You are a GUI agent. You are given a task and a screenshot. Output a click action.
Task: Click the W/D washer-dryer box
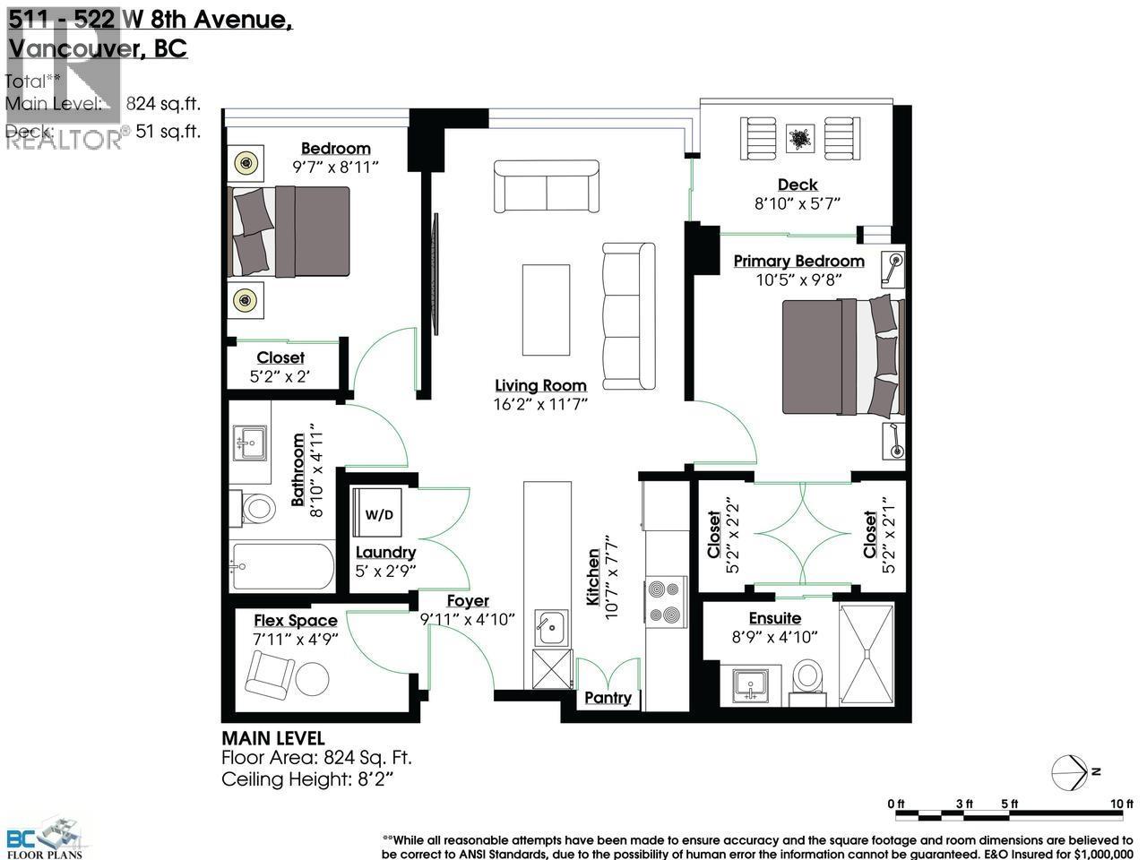pyautogui.click(x=378, y=516)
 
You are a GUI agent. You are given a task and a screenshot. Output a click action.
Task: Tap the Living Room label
pyautogui.click(x=540, y=385)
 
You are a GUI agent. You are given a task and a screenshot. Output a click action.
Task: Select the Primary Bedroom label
pyautogui.click(x=798, y=261)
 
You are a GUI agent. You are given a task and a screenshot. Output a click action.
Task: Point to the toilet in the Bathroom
pyautogui.click(x=258, y=510)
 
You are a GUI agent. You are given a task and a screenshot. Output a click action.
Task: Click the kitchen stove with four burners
pyautogui.click(x=665, y=602)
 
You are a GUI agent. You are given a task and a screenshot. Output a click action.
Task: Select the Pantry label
pyautogui.click(x=608, y=698)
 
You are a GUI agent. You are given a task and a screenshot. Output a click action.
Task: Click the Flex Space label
pyautogui.click(x=295, y=620)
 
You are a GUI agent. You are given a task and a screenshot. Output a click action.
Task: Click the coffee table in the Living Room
pyautogui.click(x=546, y=310)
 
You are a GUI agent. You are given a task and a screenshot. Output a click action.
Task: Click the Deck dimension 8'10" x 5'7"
pyautogui.click(x=798, y=203)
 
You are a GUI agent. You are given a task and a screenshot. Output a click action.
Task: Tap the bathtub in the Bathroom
pyautogui.click(x=282, y=566)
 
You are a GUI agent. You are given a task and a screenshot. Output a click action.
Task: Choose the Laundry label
pyautogui.click(x=385, y=552)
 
